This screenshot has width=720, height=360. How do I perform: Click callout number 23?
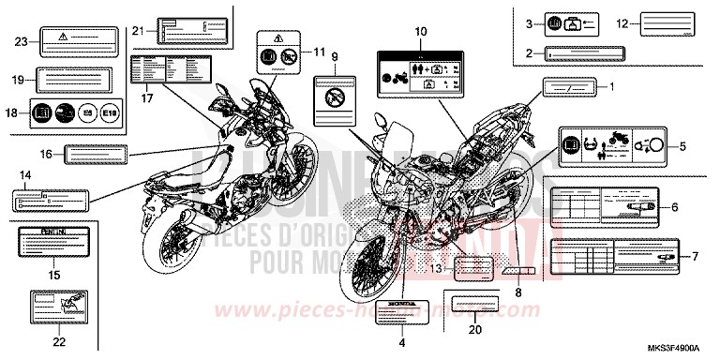pos(22,40)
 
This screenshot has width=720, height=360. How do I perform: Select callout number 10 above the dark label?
pos(420,32)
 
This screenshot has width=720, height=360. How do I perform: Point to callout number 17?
pos(148,97)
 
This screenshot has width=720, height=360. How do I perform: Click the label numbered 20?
pos(473,306)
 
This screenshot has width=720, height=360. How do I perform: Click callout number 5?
pos(682,146)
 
